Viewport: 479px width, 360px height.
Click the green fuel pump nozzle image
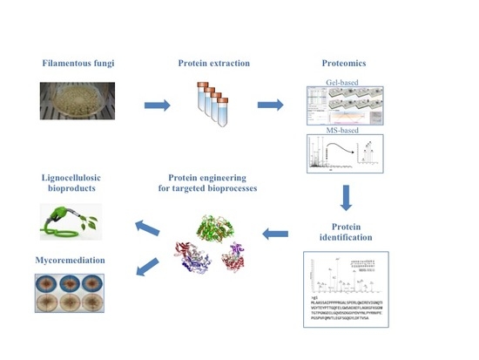click(x=70, y=221)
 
